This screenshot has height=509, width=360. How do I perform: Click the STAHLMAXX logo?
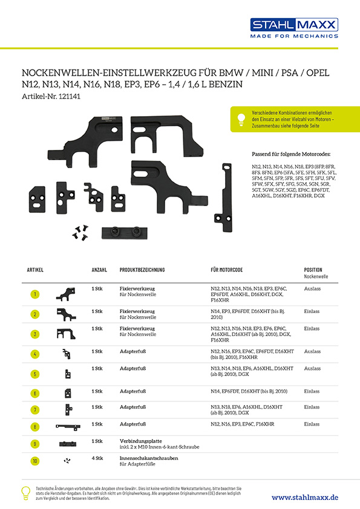pyautogui.click(x=294, y=28)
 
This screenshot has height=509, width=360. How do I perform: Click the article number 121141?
pyautogui.click(x=69, y=96)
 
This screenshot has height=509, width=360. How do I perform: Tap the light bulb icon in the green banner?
pyautogui.click(x=241, y=119)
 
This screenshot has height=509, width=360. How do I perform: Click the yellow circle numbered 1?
pyautogui.click(x=35, y=294)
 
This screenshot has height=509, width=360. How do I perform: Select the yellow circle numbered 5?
pyautogui.click(x=35, y=374)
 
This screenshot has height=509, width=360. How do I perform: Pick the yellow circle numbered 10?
pyautogui.click(x=35, y=461)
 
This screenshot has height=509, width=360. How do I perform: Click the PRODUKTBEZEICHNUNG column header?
pyautogui.click(x=142, y=270)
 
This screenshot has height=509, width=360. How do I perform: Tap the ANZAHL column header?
pyautogui.click(x=99, y=270)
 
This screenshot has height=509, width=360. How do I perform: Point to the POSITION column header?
pyautogui.click(x=313, y=270)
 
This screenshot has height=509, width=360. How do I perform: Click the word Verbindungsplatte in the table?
pyautogui.click(x=141, y=441)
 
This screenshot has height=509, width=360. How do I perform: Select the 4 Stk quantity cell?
pyautogui.click(x=97, y=458)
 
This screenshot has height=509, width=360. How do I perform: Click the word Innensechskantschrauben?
pyautogui.click(x=149, y=458)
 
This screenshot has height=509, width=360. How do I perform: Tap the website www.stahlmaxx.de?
pyautogui.click(x=305, y=498)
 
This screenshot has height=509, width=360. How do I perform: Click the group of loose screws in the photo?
pyautogui.click(x=80, y=233)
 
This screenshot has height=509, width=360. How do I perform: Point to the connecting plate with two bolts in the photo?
pyautogui.click(x=125, y=233)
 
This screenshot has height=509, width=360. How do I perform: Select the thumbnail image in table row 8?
pyautogui.click(x=68, y=427)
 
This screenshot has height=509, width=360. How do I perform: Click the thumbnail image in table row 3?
pyautogui.click(x=66, y=334)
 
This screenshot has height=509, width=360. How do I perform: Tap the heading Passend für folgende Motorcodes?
pyautogui.click(x=291, y=154)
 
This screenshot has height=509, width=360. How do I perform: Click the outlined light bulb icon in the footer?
pyautogui.click(x=26, y=493)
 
